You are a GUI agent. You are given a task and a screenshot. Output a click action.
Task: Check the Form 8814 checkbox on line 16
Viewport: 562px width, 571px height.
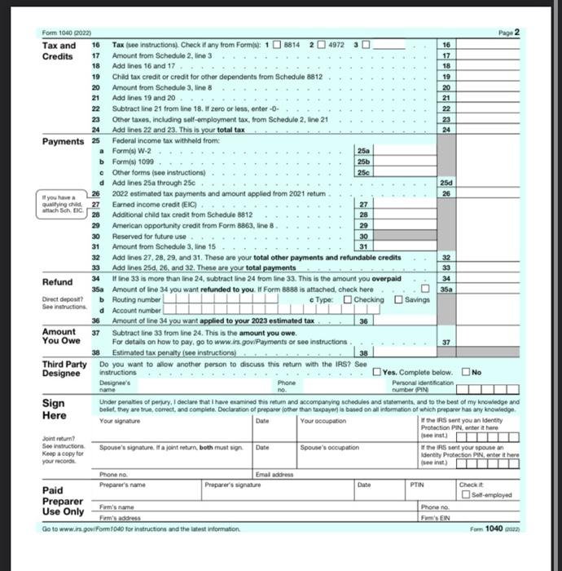coord(277,43)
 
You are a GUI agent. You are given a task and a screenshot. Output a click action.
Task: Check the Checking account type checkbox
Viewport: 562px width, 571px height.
coord(348,299)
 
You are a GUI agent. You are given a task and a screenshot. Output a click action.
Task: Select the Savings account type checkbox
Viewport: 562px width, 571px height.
coord(398,299)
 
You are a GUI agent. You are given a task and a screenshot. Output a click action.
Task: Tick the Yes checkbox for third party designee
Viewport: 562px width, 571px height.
coord(375,373)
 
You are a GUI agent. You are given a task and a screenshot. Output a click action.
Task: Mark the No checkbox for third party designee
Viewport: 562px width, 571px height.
coord(465,373)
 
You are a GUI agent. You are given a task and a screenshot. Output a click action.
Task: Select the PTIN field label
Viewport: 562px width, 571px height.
coord(417,484)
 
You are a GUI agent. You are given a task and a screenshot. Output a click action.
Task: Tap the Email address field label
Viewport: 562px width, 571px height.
coord(273,473)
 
